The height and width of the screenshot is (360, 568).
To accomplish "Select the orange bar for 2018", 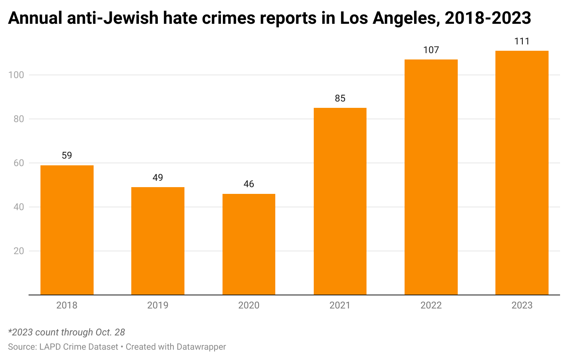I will pos(67,230).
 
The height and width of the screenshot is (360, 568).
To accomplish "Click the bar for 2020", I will pos(249,244).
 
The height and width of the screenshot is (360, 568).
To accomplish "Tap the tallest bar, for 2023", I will pos(522,173).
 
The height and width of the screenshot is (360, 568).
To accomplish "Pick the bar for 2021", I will pos(340,201).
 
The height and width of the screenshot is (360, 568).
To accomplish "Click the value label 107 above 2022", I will pos(431,50).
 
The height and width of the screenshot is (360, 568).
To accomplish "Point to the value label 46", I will pos(249,184).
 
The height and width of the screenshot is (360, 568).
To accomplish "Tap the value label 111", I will pos(522,41).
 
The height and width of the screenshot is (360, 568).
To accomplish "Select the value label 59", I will pos(67,155).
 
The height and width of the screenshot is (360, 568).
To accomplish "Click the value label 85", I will pos(340,98).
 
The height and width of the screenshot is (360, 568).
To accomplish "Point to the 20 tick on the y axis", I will pos(19,251).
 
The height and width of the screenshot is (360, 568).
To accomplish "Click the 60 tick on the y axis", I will pos(19,163).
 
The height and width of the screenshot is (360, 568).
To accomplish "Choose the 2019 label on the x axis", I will pos(158,305).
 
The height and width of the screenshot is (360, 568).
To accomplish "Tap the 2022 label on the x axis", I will pos(431,305).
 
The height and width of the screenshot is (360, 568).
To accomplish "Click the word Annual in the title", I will pos(35,18).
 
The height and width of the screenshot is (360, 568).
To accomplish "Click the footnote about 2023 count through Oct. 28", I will pos(67,332).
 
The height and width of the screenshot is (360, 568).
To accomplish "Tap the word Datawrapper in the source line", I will pos(201,347).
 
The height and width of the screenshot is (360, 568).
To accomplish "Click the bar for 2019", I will pos(158,241).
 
